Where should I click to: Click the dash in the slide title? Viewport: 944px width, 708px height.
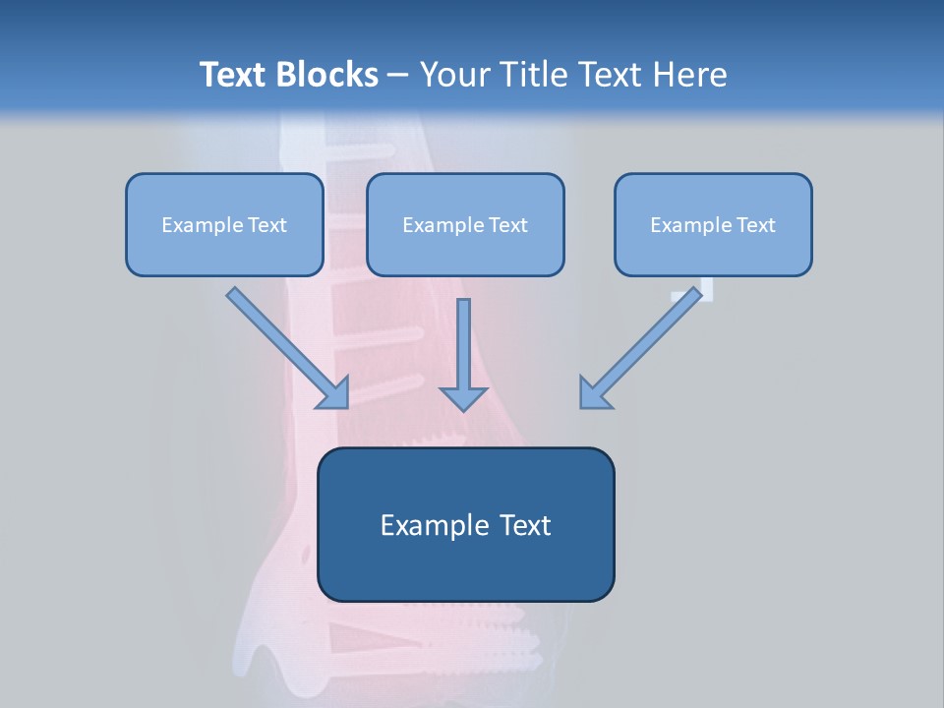(399, 76)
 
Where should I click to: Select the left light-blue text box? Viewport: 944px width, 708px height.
(224, 224)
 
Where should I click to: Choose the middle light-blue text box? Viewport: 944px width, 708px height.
(465, 224)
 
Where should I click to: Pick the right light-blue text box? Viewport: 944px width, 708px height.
(713, 224)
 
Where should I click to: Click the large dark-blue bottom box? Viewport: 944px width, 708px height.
(465, 524)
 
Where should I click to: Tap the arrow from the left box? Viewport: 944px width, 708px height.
(286, 346)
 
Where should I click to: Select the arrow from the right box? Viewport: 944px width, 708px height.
(645, 345)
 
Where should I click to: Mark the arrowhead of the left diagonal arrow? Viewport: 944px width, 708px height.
(334, 393)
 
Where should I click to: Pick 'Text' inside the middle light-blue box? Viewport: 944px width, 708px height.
(507, 225)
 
